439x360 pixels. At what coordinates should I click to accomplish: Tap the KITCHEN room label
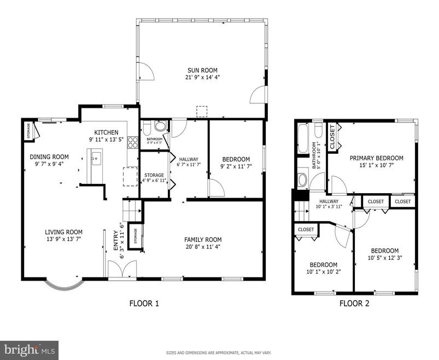(x=106, y=132)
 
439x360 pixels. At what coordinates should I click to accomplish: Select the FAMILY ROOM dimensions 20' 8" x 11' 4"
(x=203, y=247)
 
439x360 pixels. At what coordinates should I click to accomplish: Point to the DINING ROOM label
(x=49, y=156)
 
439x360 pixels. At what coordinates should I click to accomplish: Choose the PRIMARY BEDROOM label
(x=376, y=158)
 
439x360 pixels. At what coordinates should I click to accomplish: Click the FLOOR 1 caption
(x=144, y=303)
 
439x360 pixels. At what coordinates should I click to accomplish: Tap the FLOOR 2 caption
(x=354, y=303)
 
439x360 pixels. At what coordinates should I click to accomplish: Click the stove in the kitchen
(x=133, y=143)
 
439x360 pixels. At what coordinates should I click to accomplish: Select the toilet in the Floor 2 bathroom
(x=302, y=179)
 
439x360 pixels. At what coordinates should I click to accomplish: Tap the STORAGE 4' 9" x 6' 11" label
(x=154, y=178)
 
